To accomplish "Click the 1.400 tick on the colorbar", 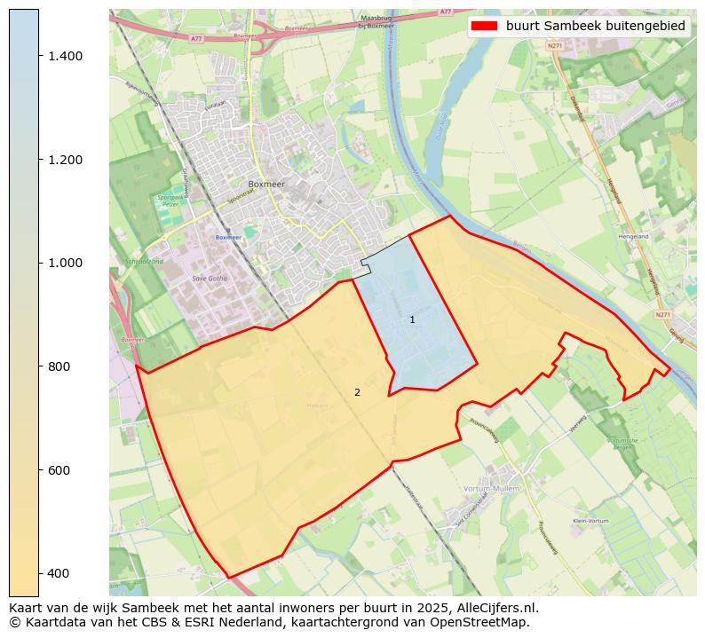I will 65,56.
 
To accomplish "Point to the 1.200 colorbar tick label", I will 65,160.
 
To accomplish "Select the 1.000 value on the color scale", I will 65,263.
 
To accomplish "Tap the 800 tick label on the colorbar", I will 59,366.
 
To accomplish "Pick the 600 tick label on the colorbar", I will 59,470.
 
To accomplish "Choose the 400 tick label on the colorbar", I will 59,573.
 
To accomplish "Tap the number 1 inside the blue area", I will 412,319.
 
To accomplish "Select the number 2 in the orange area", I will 357,392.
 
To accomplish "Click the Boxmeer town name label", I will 267,185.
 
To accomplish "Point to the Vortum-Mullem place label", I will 490,489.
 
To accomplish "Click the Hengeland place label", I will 634,237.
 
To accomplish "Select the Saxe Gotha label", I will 210,279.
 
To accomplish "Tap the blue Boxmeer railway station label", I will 228,237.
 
